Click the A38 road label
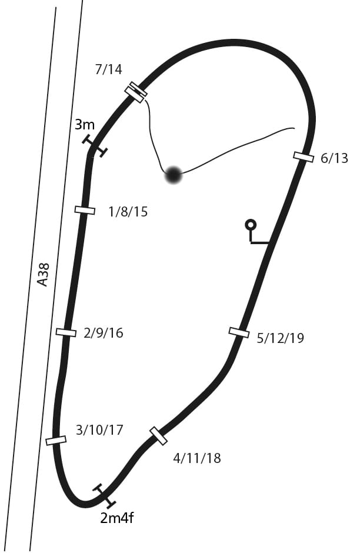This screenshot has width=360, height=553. coord(43,275)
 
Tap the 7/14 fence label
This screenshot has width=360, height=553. coord(109,69)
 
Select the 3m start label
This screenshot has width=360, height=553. coord(85,125)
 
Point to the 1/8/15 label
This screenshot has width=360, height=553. coord(128,212)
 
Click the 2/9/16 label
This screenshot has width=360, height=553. coord(104,333)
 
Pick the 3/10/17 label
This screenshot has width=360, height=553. coord(99,430)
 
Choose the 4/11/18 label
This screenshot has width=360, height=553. coord(196,458)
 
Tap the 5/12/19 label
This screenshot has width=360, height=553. coord(281,338)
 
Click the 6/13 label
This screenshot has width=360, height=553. coord(334,158)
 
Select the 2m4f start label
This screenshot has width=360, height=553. coord(117,518)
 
